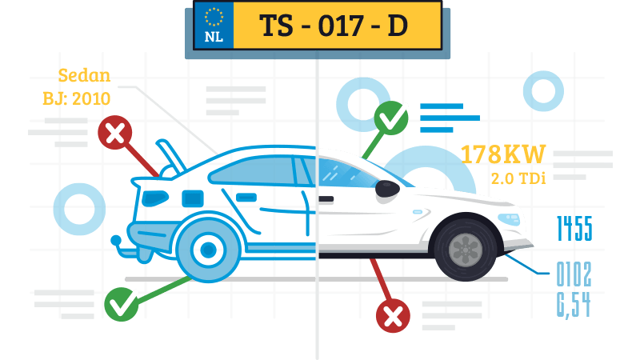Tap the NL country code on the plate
coord(214,37)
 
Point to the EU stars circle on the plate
coord(214,17)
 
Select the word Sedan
coord(84,78)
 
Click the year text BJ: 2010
coord(76,98)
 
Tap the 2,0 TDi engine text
coord(518,178)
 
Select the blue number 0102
coord(574,276)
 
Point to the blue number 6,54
coord(574,304)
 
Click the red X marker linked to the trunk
coord(115,134)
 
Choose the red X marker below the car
coord(393,317)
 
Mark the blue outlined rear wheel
coord(206,249)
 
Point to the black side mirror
coord(387,189)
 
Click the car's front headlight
coord(510,217)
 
